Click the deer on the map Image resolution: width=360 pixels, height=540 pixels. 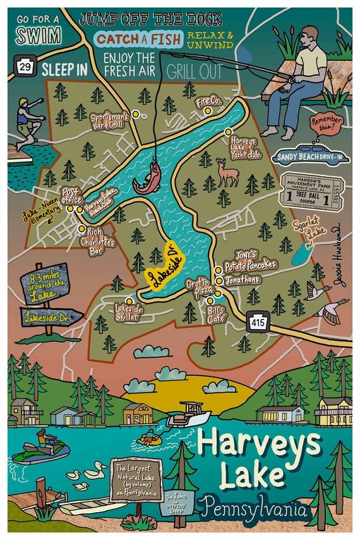(x=228, y=172)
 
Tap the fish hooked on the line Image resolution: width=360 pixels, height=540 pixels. (x=148, y=179)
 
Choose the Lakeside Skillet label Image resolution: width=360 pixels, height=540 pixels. (x=130, y=313)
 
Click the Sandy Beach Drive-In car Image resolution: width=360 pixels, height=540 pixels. (x=306, y=155)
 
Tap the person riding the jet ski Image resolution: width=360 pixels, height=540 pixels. (x=44, y=438)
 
